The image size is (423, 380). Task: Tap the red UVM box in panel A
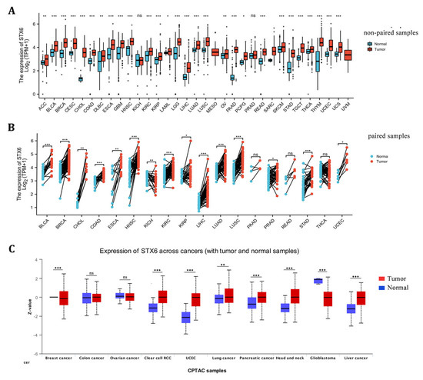[x=328, y=55]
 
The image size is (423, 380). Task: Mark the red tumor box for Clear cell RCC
[x=162, y=296]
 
